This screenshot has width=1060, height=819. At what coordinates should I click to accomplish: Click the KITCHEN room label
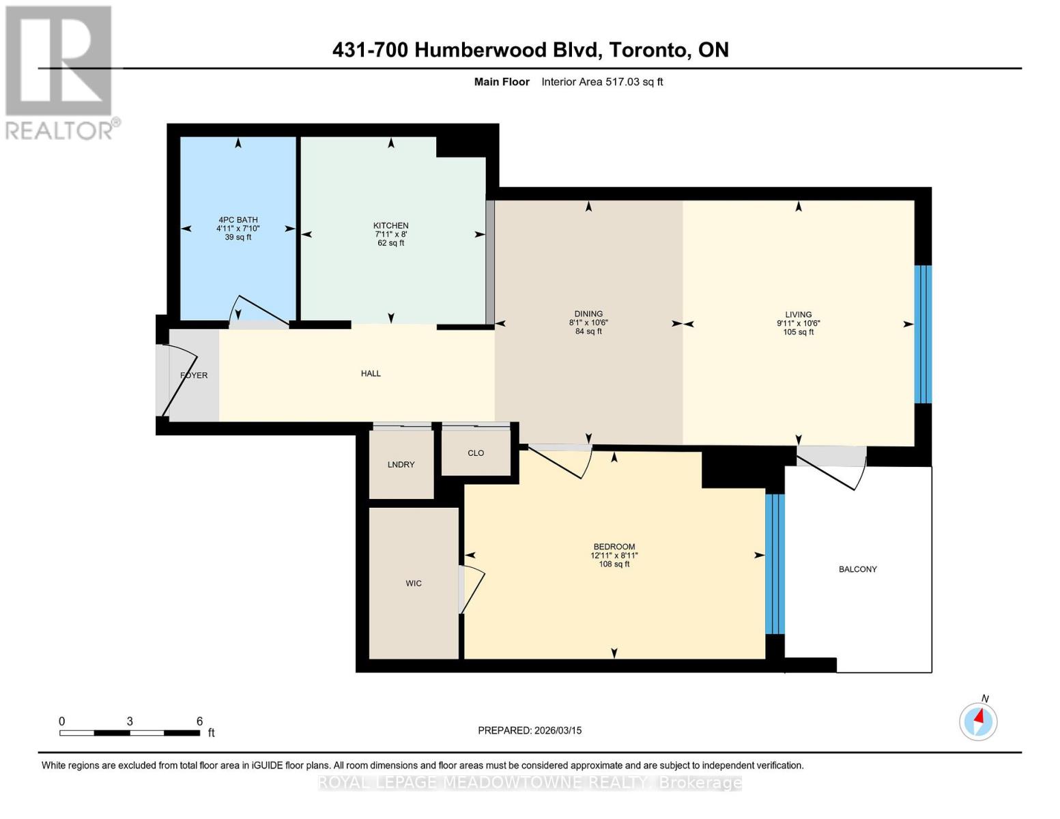(x=390, y=225)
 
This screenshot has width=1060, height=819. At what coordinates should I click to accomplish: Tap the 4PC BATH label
(x=238, y=220)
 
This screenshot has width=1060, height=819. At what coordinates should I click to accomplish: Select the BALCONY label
(x=857, y=569)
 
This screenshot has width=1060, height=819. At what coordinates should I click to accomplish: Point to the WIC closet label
(x=414, y=584)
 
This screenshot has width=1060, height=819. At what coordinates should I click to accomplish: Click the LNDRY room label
(x=401, y=465)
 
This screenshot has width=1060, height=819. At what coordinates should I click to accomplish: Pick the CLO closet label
(x=476, y=453)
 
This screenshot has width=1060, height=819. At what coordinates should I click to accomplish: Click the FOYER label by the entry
(x=194, y=375)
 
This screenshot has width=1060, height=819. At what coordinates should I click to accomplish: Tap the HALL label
(x=371, y=373)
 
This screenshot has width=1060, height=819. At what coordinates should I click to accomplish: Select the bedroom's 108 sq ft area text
(x=614, y=564)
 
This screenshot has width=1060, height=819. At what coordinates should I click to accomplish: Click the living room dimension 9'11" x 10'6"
(x=798, y=324)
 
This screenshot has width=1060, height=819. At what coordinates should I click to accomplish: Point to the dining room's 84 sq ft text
(x=588, y=332)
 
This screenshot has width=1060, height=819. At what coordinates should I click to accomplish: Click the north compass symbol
(x=978, y=720)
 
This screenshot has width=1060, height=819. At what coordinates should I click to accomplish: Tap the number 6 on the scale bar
(x=199, y=721)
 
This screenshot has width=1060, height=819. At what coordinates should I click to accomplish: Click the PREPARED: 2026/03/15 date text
(x=530, y=730)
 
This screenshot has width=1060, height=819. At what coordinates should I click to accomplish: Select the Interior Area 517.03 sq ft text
(x=602, y=82)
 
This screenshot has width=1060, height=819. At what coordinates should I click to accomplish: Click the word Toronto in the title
(x=648, y=50)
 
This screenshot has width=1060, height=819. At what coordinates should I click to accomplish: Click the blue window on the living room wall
(x=923, y=334)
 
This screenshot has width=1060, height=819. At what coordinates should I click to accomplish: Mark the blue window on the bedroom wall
(x=775, y=564)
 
